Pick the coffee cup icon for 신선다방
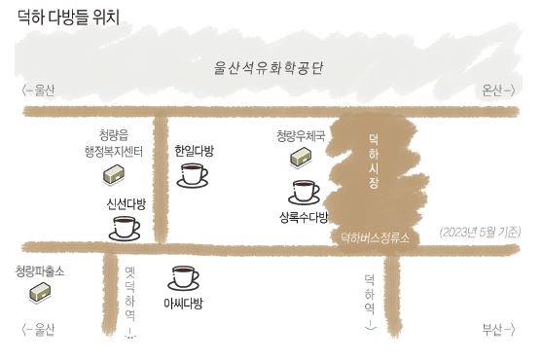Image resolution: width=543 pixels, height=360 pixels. click(126, 228)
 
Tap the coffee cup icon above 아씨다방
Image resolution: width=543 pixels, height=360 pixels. click(184, 277)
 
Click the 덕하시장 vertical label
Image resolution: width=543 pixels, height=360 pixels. click(374, 162)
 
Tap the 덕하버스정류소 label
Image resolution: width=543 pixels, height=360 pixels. click(374, 236)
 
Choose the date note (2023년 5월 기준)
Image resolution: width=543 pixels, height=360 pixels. click(480, 232)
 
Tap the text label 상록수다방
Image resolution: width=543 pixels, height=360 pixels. click(304, 216)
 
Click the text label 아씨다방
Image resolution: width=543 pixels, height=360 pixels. click(183, 304)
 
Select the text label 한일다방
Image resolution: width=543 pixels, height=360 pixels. click(194, 151)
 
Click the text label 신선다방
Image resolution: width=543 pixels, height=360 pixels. click(126, 204)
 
